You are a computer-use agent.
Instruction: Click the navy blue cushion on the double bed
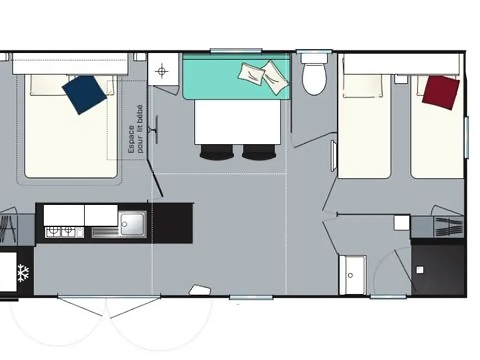pyautogui.click(x=84, y=95)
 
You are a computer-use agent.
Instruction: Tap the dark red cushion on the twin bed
pyautogui.click(x=441, y=92)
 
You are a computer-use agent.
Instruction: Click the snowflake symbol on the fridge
pyautogui.click(x=23, y=273)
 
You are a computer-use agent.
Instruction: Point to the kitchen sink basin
pyautogui.click(x=133, y=224)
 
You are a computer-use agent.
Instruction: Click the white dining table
pyautogui.click(x=237, y=122)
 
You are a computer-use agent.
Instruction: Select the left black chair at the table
pyautogui.click(x=216, y=152)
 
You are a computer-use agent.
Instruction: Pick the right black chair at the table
pyautogui.click(x=259, y=152)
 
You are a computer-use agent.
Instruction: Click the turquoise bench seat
pyautogui.click(x=236, y=76)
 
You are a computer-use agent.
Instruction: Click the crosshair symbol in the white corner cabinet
pyautogui.click(x=162, y=72)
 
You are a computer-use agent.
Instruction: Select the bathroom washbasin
pyautogui.click(x=353, y=275)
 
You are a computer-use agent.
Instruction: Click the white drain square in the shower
pyautogui.click(x=420, y=270)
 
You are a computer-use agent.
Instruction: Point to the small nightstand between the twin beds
pyautogui.click(x=401, y=79)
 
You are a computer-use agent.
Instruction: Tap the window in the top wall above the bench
pyautogui.click(x=236, y=51)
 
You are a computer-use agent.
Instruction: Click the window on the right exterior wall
pyautogui.click(x=467, y=137)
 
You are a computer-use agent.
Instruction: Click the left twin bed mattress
pyautogui.click(x=364, y=125)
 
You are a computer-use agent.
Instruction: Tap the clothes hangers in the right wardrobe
pyautogui.click(x=449, y=227)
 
